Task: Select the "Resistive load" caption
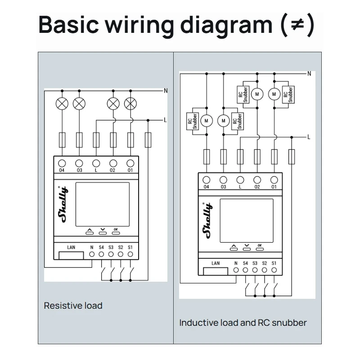click(73, 306)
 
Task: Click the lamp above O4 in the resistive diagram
click(62, 104)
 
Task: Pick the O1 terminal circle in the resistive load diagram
click(130, 163)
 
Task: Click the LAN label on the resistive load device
click(71, 247)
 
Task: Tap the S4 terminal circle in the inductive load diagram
click(245, 270)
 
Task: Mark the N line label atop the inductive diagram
click(309, 73)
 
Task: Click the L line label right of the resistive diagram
click(165, 120)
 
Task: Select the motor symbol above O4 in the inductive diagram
click(207, 121)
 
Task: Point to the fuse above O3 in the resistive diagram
click(79, 140)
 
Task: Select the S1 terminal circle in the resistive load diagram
click(130, 254)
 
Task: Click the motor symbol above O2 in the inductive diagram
click(257, 94)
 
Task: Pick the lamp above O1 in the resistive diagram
click(130, 104)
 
